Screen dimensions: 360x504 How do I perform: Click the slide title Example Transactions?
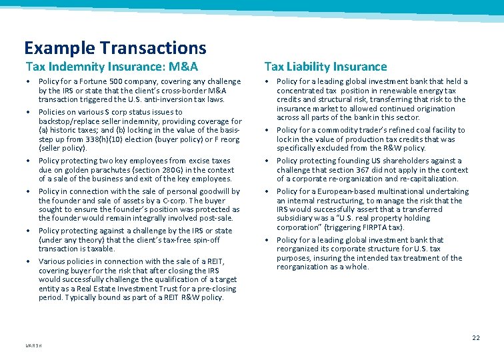click(115, 48)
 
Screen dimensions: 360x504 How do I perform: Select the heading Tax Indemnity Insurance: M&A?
click(112, 67)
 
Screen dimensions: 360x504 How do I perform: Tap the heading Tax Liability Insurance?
click(325, 67)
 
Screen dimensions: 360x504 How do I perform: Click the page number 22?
click(475, 338)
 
